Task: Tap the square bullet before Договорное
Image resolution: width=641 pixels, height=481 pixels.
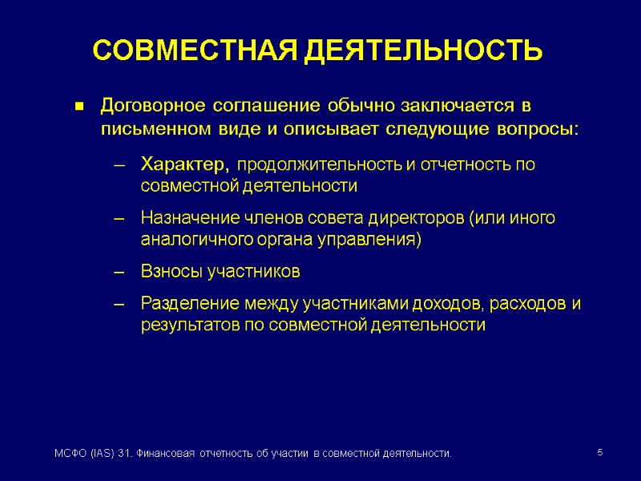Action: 79,107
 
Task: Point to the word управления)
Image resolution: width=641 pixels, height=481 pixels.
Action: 371,240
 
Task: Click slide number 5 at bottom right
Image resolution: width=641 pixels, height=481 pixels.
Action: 600,454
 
